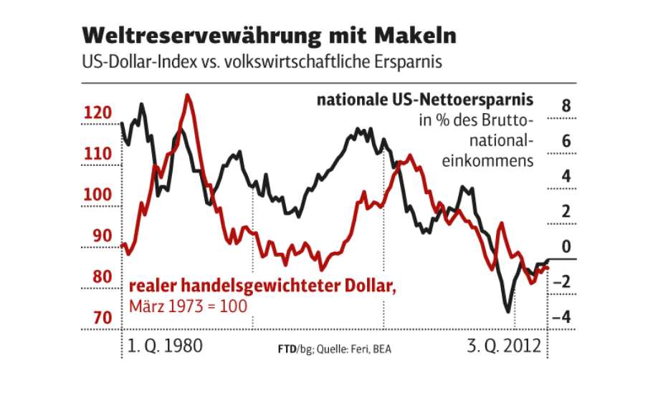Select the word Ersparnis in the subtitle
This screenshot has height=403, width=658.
(406, 62)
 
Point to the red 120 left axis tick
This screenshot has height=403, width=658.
(97, 113)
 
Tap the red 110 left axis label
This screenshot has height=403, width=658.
(97, 154)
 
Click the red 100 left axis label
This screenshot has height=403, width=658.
(97, 195)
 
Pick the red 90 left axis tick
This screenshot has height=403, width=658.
(100, 236)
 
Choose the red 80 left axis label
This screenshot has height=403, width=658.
(100, 277)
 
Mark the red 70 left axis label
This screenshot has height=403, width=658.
(100, 318)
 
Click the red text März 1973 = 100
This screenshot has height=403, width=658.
(188, 306)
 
